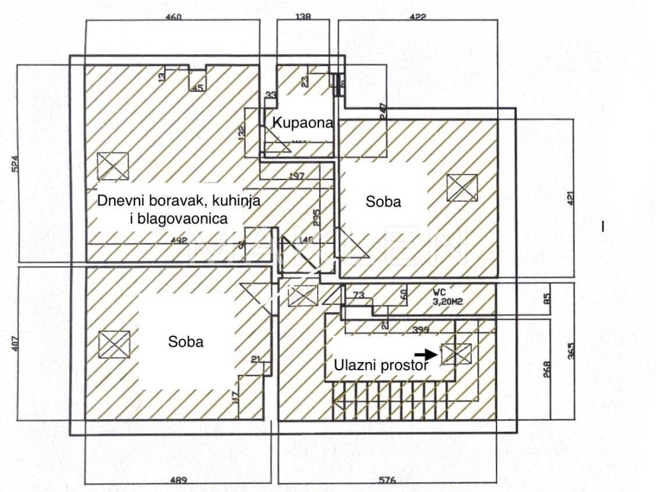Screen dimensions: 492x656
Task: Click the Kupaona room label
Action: [303, 122]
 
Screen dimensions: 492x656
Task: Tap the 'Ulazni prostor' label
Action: [381, 366]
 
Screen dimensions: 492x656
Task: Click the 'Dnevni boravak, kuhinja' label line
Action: [179, 200]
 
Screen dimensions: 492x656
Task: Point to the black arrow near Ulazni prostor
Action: [423, 354]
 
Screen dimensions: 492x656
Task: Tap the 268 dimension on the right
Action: [546, 370]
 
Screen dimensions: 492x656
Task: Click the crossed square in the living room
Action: [112, 166]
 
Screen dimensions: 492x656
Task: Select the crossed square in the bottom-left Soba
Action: [114, 345]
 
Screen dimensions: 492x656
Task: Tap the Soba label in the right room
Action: [383, 202]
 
